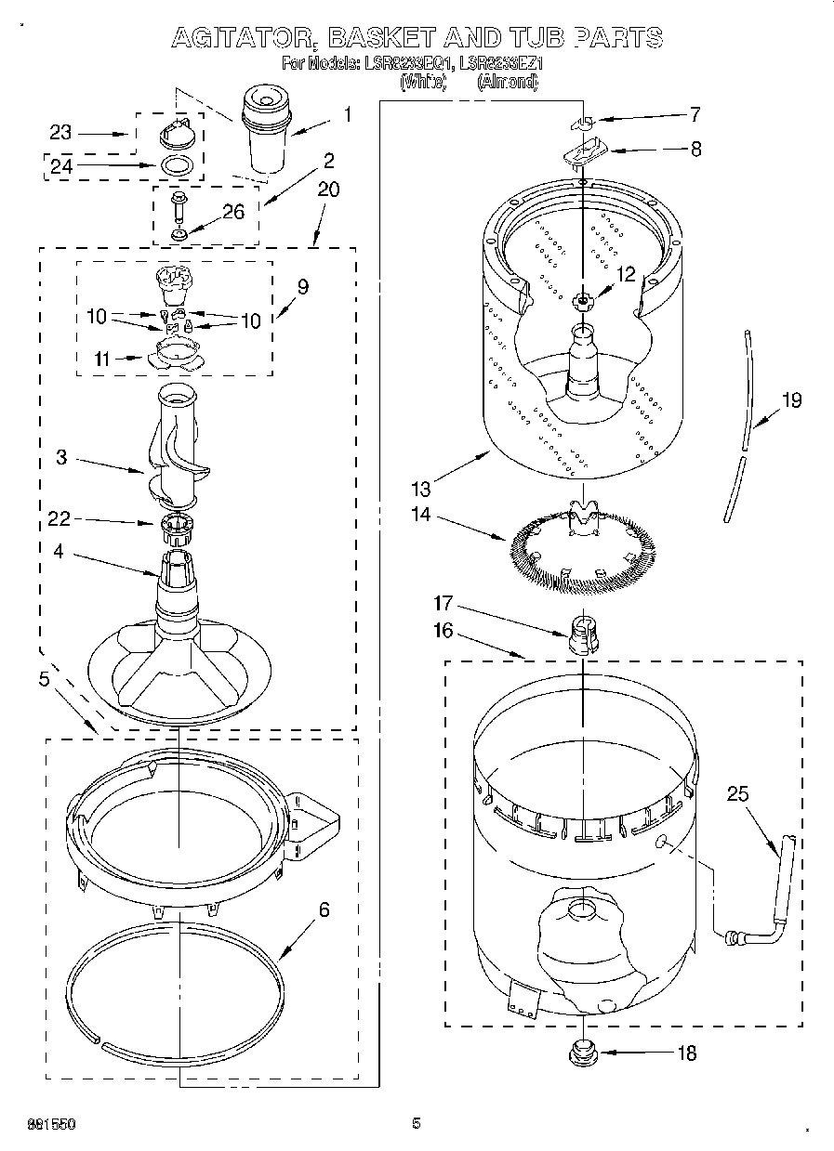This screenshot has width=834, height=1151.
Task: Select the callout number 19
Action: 790,400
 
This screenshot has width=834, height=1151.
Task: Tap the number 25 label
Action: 737,794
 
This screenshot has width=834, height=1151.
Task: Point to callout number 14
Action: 422,514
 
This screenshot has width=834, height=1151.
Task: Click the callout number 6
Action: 324,909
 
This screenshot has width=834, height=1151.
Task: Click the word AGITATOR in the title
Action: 232,38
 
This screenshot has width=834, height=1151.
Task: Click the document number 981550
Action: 51,1124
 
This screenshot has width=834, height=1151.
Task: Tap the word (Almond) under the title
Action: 508,82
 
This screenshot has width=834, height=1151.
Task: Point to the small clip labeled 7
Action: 581,122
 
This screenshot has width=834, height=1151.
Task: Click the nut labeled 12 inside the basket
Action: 583,299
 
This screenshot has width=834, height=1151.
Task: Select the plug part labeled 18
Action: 583,1053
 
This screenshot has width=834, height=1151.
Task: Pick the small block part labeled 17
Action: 581,634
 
